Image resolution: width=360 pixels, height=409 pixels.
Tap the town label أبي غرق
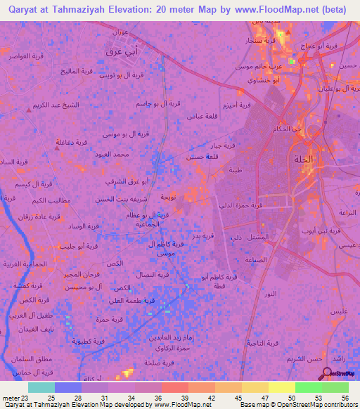click(114, 51)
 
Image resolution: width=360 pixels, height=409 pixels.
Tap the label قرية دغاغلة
click(72, 141)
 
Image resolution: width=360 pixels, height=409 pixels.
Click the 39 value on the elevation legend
click(174, 398)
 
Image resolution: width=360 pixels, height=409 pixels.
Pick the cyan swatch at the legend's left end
click(41, 387)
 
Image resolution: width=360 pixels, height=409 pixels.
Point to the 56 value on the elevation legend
click(344, 398)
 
